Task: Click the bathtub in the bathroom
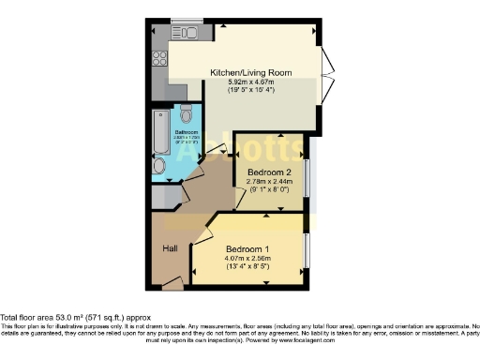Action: click(159, 131)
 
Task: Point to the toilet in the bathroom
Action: click(186, 116)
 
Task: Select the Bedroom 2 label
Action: click(269, 172)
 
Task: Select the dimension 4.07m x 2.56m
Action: click(247, 259)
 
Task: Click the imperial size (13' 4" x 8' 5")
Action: click(247, 268)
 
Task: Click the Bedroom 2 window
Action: click(307, 172)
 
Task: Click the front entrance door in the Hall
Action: click(172, 280)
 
